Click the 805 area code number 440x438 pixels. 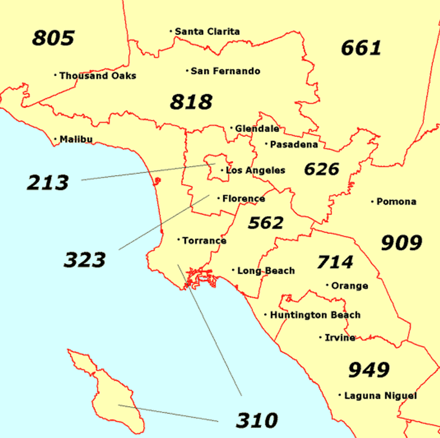tap(53, 38)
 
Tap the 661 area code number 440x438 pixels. tap(361, 48)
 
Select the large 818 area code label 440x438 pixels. tap(191, 102)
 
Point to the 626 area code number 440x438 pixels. tap(321, 169)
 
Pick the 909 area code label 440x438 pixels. tap(401, 243)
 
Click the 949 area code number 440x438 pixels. tap(369, 370)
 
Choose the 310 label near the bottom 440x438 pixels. tap(257, 420)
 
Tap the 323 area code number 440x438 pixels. tap(84, 260)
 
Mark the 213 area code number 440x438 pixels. tap(48, 183)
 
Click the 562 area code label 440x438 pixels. tap(266, 223)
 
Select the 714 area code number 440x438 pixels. tap(335, 262)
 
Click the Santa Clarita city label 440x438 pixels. tap(207, 31)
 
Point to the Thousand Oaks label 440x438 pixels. tap(97, 76)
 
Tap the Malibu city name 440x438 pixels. tap(76, 139)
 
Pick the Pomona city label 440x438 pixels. tap(396, 201)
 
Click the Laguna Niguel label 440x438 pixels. tap(380, 396)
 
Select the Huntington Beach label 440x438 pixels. tap(315, 315)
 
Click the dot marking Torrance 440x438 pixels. tap(179, 240)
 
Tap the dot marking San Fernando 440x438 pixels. tap(187, 70)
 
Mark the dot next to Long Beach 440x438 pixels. tap(233, 270)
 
